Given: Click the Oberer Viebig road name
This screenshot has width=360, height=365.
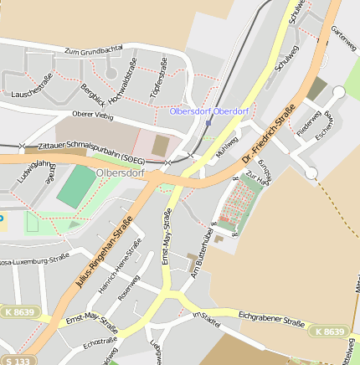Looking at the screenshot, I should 94,115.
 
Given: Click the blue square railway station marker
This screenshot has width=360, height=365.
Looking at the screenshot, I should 208,123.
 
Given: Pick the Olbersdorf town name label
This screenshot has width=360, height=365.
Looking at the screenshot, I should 121,173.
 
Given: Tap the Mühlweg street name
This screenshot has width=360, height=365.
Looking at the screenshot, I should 226,147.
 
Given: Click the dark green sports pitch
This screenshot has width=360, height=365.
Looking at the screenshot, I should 77,188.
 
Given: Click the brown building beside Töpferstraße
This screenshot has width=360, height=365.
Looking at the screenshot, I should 160,145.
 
